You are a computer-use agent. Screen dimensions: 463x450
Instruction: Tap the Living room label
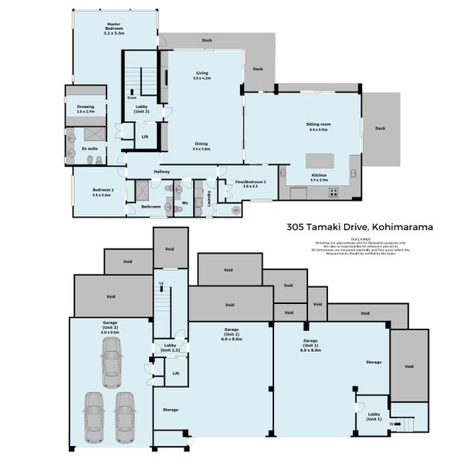(x=201, y=76)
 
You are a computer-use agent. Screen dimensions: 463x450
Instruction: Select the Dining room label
(x=201, y=146)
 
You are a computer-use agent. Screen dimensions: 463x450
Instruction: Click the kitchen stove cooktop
(x=333, y=193)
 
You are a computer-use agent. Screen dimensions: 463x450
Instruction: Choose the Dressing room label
(x=85, y=109)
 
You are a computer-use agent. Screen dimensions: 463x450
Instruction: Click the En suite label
(x=90, y=147)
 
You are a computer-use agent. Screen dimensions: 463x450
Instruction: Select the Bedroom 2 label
(x=101, y=193)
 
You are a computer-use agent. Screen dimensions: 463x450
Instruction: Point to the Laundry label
(x=208, y=197)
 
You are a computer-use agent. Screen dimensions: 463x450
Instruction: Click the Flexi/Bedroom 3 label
(x=250, y=184)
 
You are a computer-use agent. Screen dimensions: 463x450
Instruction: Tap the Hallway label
(x=161, y=171)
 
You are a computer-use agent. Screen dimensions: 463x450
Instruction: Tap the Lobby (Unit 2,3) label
(x=171, y=348)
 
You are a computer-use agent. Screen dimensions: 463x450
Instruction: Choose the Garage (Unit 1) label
(x=311, y=345)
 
